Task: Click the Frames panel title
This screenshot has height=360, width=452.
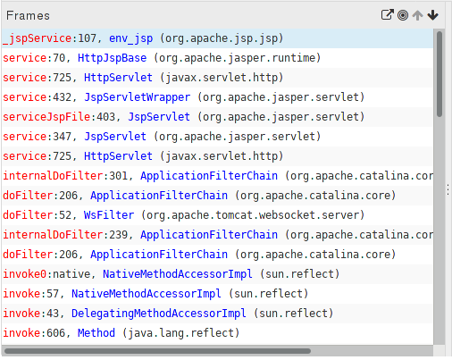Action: tap(28, 15)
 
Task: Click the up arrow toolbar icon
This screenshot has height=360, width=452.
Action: tap(418, 15)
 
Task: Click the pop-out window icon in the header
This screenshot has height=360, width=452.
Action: tap(388, 14)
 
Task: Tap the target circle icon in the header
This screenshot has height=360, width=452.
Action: tap(403, 15)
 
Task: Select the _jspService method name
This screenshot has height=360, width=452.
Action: tap(38, 38)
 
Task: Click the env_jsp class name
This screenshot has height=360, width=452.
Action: tap(130, 38)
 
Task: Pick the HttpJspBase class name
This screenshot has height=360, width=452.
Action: tap(112, 58)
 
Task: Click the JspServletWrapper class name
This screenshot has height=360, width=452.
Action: tap(138, 97)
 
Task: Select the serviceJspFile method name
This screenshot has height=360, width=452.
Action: tap(46, 117)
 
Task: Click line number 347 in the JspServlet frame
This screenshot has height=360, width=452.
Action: tap(62, 137)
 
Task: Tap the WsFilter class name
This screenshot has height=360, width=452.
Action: tap(109, 215)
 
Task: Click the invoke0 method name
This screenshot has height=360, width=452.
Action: tap(25, 274)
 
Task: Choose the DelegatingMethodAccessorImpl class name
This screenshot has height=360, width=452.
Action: tap(159, 314)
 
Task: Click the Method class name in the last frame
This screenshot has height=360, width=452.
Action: tap(96, 333)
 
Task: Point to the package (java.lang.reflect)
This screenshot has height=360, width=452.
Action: tap(180, 333)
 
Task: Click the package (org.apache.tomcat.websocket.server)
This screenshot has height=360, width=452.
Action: tap(253, 215)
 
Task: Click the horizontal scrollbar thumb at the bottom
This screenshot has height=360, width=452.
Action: tap(157, 351)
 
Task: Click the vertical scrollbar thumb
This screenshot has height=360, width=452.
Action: tap(439, 74)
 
